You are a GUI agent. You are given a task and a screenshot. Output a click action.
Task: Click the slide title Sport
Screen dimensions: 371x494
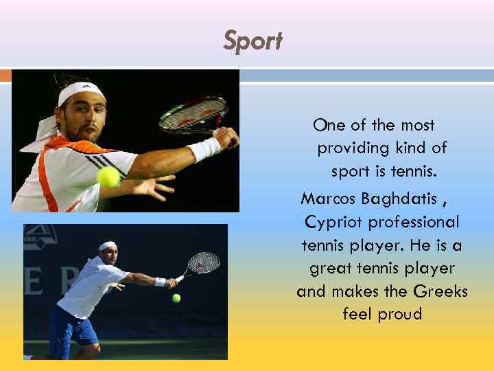(x=252, y=41)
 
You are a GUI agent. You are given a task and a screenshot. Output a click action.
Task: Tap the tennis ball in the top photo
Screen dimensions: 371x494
(x=109, y=177)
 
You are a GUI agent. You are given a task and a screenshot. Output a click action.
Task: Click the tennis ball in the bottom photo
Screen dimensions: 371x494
(x=176, y=298)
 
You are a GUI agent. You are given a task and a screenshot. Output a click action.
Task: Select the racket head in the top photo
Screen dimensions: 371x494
(x=193, y=115)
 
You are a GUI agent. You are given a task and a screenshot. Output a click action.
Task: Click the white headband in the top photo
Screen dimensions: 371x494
(x=81, y=92)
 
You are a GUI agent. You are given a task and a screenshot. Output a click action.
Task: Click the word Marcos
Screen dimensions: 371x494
(x=327, y=199)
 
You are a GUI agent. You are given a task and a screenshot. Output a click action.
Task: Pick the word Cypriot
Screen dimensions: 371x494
(x=334, y=223)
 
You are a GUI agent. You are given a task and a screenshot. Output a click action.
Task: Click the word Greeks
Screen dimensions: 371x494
(x=441, y=291)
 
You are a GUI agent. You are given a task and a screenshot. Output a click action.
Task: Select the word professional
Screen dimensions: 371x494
(x=414, y=223)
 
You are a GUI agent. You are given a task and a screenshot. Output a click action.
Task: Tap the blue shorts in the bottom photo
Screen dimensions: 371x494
(x=77, y=327)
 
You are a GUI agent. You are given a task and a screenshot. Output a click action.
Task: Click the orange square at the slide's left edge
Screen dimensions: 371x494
(x=5, y=76)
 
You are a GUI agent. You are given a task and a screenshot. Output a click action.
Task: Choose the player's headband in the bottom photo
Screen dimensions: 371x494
(x=107, y=245)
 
